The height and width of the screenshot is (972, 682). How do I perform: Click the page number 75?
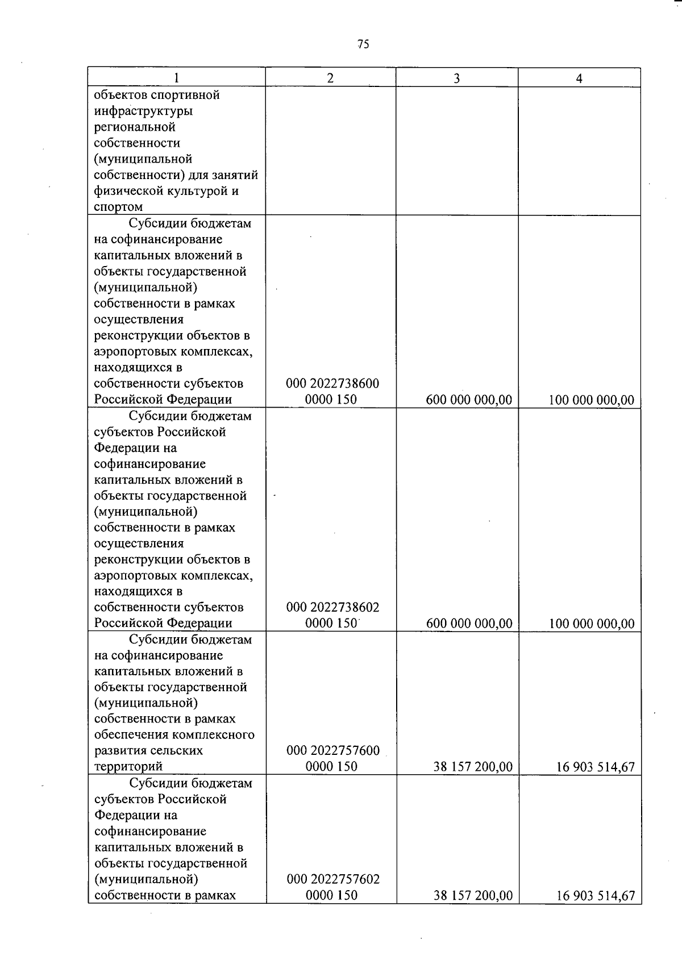point(363,44)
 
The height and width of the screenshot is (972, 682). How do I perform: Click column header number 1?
point(177,78)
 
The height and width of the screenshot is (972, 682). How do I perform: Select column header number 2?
point(331,78)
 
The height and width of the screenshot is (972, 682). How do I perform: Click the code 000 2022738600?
point(332,384)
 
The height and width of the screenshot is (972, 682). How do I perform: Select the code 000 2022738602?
point(332,607)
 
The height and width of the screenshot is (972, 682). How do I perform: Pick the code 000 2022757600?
point(332,751)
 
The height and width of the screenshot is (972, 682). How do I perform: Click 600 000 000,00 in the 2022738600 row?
point(469,400)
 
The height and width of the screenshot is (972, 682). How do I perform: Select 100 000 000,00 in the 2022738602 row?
point(592,624)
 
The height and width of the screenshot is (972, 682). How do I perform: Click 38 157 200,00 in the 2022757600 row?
point(473,767)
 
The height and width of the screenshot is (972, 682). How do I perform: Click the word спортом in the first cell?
point(118,207)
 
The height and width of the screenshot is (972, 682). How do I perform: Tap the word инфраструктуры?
point(143,111)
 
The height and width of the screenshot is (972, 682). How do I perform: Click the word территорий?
point(128,767)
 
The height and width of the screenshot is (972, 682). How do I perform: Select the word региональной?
point(135,127)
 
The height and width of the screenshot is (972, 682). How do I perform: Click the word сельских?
point(178,750)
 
